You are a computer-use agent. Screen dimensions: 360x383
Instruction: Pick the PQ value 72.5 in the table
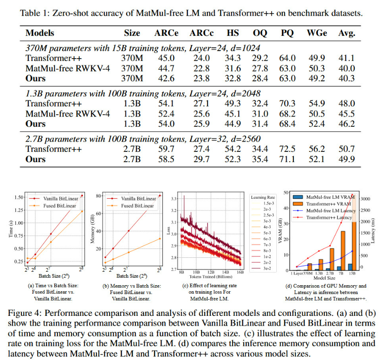point(288,149)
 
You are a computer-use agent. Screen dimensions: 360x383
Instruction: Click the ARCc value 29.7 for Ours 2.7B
point(201,159)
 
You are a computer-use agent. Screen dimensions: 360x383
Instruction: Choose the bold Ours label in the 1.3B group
point(36,124)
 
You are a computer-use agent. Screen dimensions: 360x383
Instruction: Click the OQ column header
point(260,33)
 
